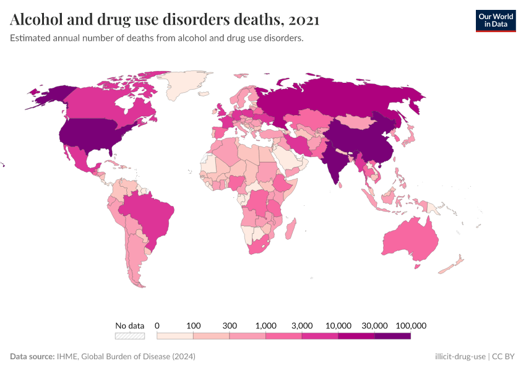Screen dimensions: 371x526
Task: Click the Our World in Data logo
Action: [495, 20]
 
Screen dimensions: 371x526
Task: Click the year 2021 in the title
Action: [303, 20]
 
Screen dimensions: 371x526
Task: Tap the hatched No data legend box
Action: [129, 336]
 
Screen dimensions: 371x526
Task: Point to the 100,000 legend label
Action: [410, 325]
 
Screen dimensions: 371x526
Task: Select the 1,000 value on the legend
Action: [265, 325]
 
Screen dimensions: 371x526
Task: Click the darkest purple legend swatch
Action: [392, 336]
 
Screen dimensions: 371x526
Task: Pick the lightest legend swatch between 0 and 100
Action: [175, 336]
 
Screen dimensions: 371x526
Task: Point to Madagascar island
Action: [290, 228]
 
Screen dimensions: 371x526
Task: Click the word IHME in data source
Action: [67, 357]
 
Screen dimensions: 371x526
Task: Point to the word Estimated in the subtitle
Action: [30, 38]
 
